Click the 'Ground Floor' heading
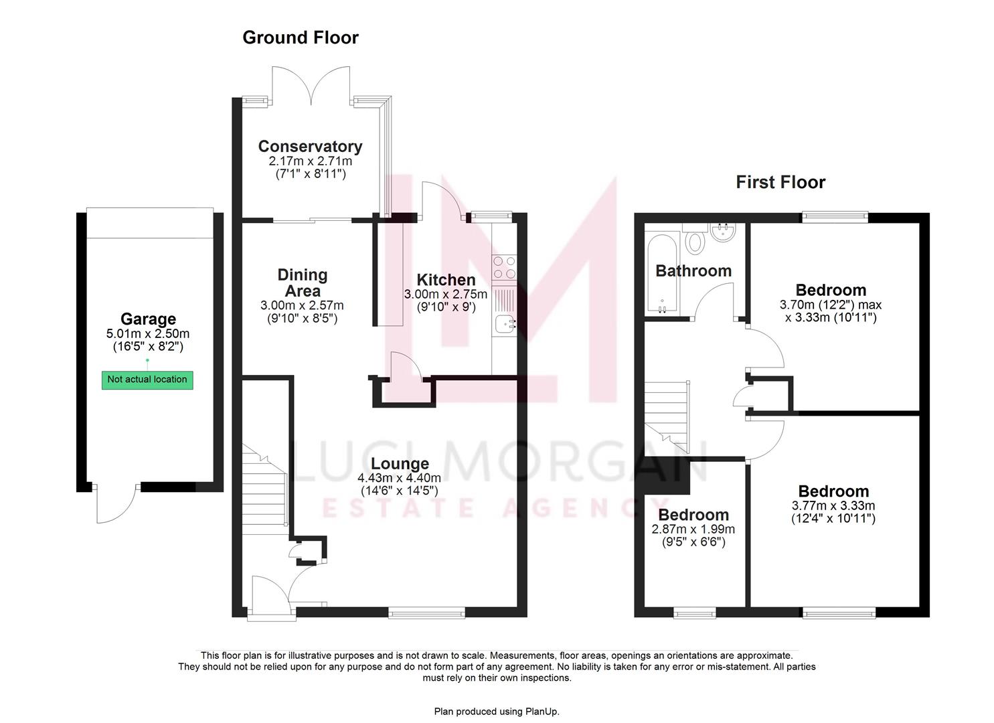tap(300, 37)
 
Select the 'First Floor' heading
tap(780, 182)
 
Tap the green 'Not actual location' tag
tap(147, 380)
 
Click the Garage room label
tap(148, 319)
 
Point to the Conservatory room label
tap(310, 147)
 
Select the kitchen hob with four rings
tap(504, 267)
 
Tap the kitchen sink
tap(504, 324)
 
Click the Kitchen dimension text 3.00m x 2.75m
tap(446, 295)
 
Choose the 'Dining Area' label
tap(303, 283)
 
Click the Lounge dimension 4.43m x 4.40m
tap(399, 478)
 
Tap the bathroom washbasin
tap(723, 233)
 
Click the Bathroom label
tap(693, 271)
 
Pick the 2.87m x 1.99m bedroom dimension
tap(693, 529)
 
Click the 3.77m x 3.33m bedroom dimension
tap(833, 506)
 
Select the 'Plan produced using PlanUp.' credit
tap(497, 711)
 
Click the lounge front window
tap(426, 611)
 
